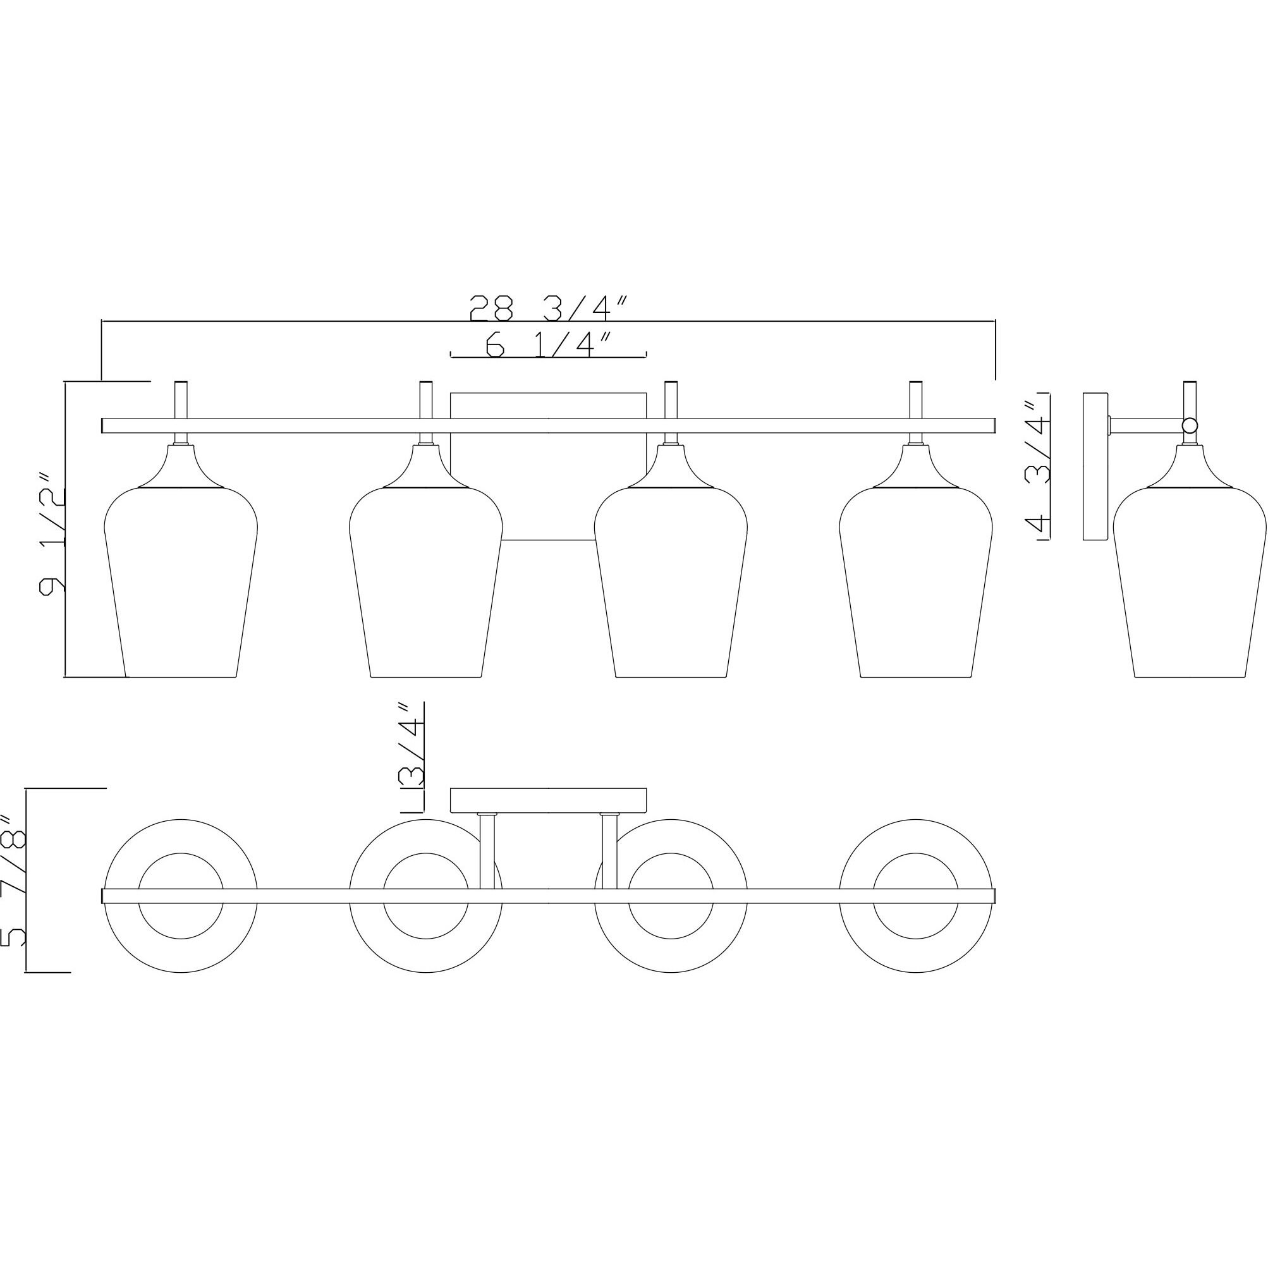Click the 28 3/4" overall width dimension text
(549, 308)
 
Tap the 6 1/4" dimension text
(549, 344)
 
